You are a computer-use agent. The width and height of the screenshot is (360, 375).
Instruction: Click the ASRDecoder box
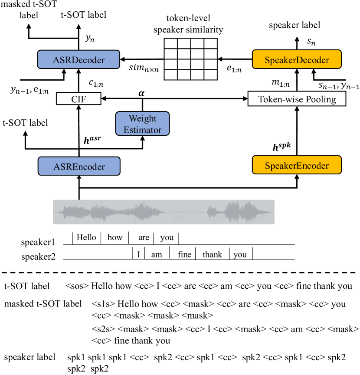pos(79,59)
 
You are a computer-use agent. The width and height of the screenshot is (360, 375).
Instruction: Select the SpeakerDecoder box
pos(297,59)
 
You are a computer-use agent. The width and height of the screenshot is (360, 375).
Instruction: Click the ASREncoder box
pos(79,165)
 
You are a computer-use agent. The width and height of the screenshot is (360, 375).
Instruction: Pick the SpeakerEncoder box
pos(297,165)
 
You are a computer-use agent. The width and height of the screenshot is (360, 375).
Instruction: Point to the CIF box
pos(79,99)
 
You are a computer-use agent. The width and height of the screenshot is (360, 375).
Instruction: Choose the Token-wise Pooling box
pos(297,99)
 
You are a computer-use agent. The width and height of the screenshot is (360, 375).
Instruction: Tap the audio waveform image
pos(164,212)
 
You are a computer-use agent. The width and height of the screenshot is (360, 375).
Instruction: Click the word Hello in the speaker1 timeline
pos(86,238)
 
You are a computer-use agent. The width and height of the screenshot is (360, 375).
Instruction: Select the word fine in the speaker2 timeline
pos(184,254)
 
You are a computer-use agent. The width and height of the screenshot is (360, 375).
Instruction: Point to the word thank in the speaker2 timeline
pos(212,254)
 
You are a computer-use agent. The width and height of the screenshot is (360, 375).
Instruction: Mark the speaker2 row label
pos(39,256)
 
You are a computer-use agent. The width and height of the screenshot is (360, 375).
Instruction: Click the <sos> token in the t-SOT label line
pos(78,287)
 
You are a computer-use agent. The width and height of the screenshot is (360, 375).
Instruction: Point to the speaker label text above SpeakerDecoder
pos(295,26)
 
